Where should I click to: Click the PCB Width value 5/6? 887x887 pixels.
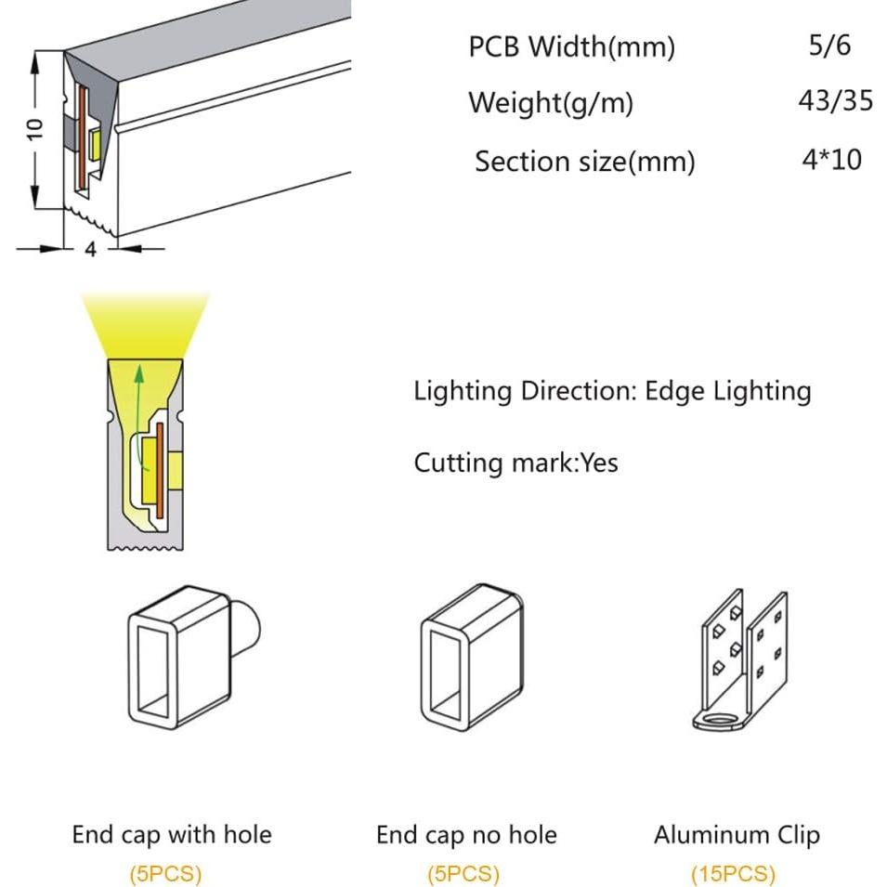pos(829,46)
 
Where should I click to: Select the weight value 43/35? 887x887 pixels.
pos(836,100)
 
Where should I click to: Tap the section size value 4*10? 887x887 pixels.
pos(831,160)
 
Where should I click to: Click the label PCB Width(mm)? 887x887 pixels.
pos(571,47)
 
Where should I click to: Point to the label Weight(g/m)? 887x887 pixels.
pos(551,103)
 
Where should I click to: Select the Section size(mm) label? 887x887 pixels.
pos(585,163)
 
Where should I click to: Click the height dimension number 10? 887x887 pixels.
pos(35,129)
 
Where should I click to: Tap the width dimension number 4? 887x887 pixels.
pos(90,249)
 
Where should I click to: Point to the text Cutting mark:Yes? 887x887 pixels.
pos(515,463)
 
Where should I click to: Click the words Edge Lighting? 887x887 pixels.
pos(728,391)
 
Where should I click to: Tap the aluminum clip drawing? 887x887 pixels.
pos(740,660)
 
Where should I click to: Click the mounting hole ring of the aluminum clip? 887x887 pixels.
pos(720,720)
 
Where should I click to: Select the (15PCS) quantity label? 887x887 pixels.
pos(733,874)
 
